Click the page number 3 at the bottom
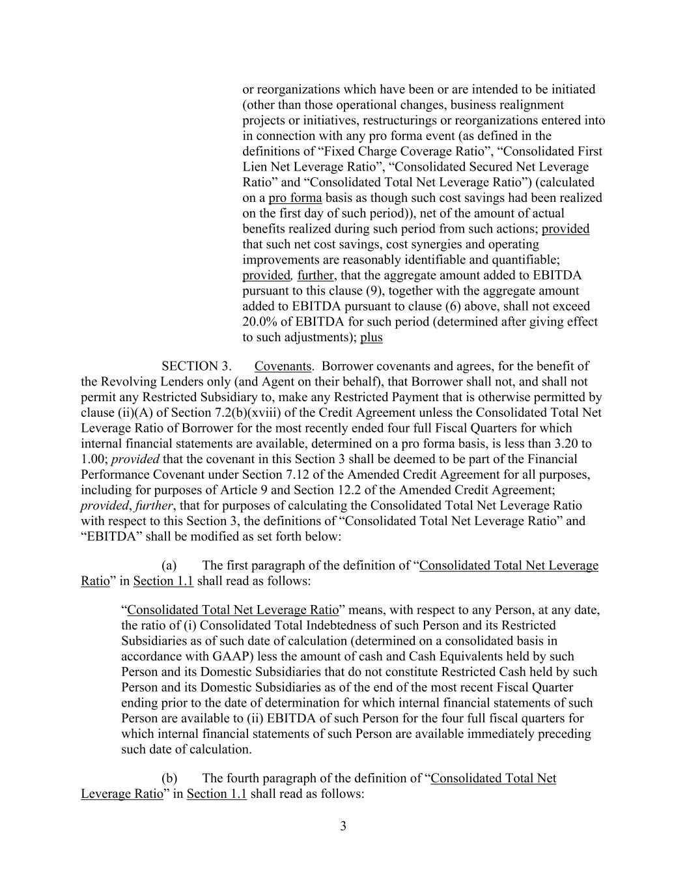(x=343, y=826)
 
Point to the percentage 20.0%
(x=259, y=322)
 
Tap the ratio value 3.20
(x=568, y=444)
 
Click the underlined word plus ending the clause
(x=371, y=337)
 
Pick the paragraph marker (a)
(x=169, y=565)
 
